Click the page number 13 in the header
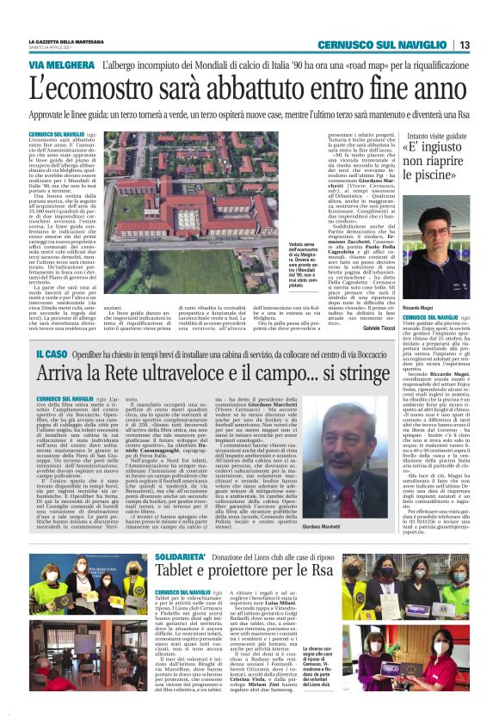click(464, 45)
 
